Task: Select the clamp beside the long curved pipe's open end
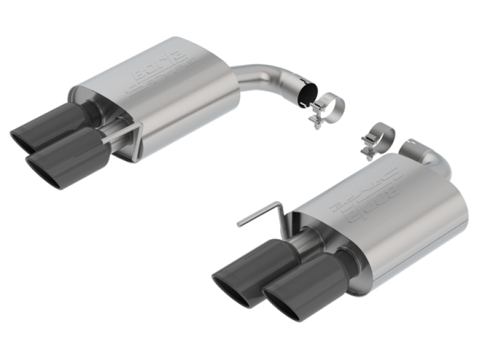click(327, 107)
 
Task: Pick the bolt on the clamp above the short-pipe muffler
click(367, 149)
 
